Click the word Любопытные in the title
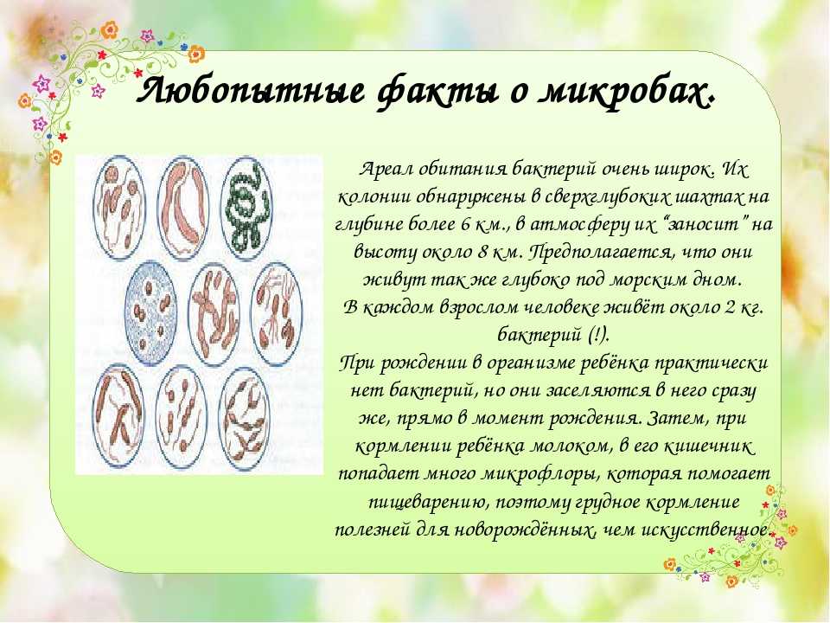click(251, 91)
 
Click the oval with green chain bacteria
click(247, 208)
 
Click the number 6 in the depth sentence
click(465, 225)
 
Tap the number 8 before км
click(482, 252)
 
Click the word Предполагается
click(603, 253)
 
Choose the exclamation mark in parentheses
click(598, 335)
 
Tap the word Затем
click(676, 418)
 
